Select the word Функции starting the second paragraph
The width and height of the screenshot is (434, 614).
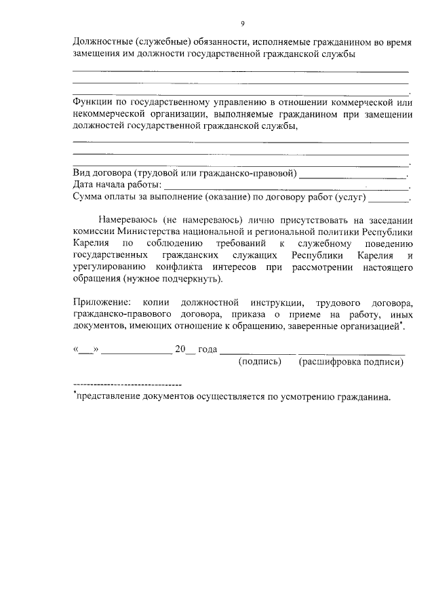(90, 102)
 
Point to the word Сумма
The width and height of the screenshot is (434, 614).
(87, 197)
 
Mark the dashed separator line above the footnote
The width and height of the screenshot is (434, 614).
(127, 385)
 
